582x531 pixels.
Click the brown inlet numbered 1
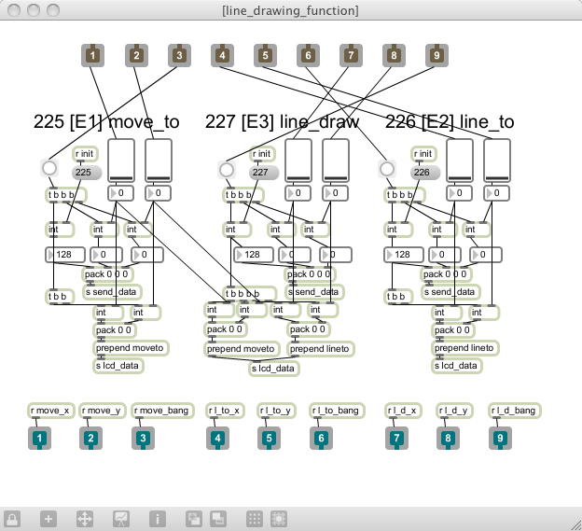point(93,56)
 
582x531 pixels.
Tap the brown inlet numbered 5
point(265,56)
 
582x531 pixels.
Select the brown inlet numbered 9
point(436,56)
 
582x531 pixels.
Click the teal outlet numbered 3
point(143,438)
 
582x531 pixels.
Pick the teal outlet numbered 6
point(321,438)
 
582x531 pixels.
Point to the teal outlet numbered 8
point(448,438)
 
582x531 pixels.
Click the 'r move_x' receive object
point(50,411)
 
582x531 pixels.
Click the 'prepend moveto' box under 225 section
point(130,348)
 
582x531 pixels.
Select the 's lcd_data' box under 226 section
point(456,366)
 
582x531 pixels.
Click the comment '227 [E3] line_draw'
point(275,122)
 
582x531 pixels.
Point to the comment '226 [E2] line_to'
point(450,122)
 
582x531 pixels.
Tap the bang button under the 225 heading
point(49,169)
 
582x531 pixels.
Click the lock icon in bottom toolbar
point(13,518)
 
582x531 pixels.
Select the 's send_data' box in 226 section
point(450,292)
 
